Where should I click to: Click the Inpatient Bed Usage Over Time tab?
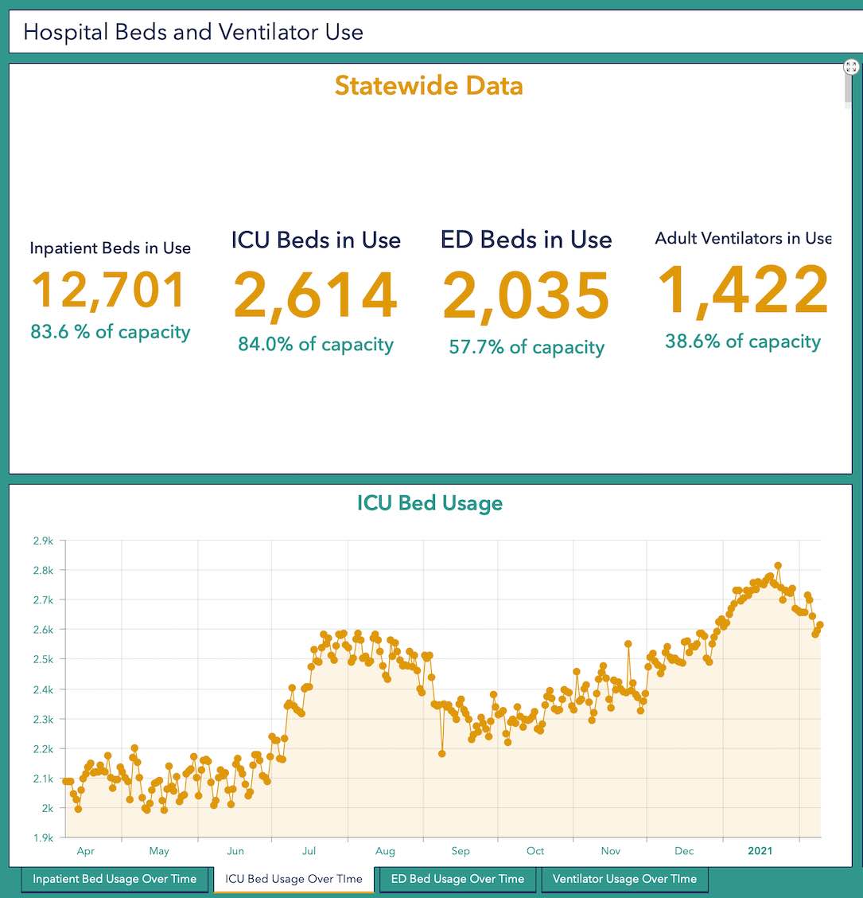coord(115,879)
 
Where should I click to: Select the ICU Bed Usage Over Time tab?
coord(293,879)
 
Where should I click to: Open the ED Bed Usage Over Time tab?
coord(457,879)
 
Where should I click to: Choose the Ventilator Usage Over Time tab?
coord(624,879)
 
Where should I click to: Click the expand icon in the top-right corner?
coord(851,67)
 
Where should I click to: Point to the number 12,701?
coord(110,291)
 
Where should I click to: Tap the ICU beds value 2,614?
coord(316,295)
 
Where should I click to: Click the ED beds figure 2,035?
coord(526,297)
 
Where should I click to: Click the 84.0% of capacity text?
coord(316,344)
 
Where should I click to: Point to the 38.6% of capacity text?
coord(743,342)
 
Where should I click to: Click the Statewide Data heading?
coord(429,85)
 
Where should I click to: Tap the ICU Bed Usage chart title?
coord(430,503)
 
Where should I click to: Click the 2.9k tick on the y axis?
coord(43,541)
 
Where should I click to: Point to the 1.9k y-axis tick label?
coord(43,837)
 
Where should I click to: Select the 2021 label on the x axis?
coord(760,851)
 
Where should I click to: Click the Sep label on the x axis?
coord(461,851)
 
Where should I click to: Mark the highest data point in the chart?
coord(778,566)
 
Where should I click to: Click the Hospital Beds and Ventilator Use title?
coord(193,32)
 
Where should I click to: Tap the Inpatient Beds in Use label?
coord(111,248)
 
